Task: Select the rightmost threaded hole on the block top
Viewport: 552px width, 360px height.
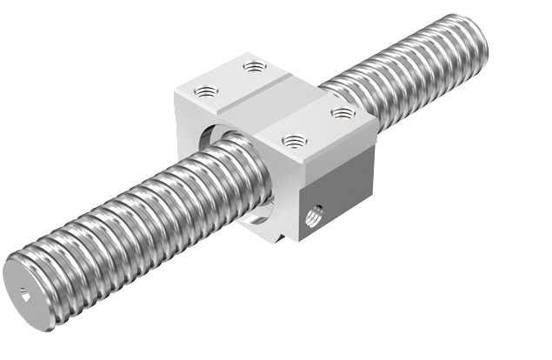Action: [x=341, y=111]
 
